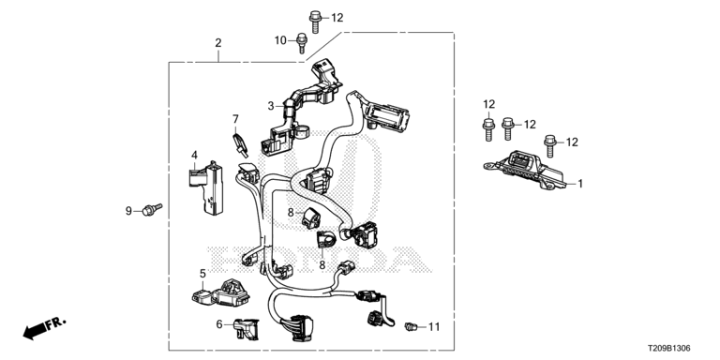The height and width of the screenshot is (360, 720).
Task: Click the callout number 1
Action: [x=580, y=184]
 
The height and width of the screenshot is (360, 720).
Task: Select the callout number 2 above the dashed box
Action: [x=218, y=43]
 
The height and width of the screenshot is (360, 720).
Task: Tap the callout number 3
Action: [x=271, y=106]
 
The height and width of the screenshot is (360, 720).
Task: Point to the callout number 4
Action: [x=194, y=155]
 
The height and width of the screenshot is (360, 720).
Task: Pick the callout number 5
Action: [x=202, y=274]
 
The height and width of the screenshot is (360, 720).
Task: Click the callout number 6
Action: [x=219, y=324]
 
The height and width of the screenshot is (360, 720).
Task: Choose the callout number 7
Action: [x=235, y=119]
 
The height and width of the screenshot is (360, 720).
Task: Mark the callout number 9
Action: [x=128, y=211]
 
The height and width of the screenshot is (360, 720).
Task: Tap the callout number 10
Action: [x=280, y=41]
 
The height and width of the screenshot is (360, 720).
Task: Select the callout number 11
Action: [x=434, y=327]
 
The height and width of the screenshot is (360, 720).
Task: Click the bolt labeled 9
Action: [x=153, y=209]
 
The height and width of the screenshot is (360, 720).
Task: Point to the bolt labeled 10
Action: [x=302, y=43]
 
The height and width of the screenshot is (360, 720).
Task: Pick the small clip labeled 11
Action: [x=410, y=326]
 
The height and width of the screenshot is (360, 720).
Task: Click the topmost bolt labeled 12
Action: [x=315, y=22]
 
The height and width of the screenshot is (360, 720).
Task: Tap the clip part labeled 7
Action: [x=240, y=144]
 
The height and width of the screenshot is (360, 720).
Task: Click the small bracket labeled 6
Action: [x=247, y=329]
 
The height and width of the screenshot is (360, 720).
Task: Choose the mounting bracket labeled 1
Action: [x=525, y=170]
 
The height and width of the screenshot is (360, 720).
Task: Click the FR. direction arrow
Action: [x=45, y=328]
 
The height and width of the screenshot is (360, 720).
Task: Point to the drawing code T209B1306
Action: [x=669, y=349]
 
